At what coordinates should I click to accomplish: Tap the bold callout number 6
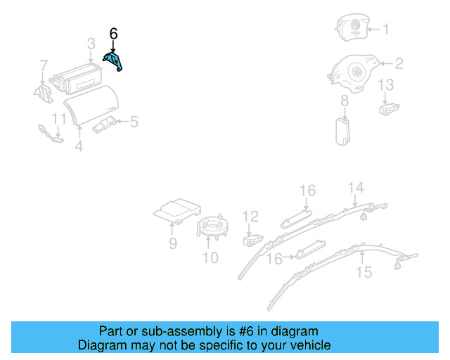tap(114, 34)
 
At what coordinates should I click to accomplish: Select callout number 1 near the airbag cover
tap(385, 30)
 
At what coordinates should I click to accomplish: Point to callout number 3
tap(91, 44)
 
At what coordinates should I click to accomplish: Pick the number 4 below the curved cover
tap(79, 146)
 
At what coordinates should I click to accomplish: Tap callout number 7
tap(44, 67)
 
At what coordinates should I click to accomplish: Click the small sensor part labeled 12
tap(251, 240)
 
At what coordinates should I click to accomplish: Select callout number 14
tap(356, 187)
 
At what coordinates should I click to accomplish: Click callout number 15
tap(364, 271)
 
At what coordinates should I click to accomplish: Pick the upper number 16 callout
tap(308, 191)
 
